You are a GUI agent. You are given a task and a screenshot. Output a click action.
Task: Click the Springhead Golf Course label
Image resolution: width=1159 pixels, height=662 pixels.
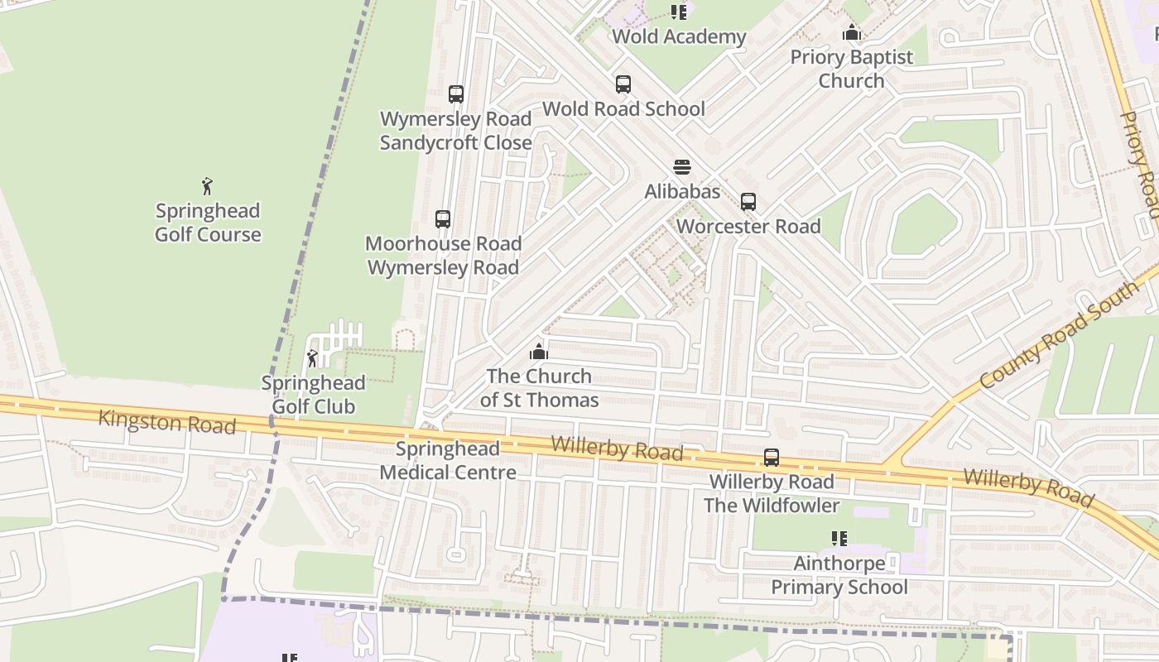click(208, 223)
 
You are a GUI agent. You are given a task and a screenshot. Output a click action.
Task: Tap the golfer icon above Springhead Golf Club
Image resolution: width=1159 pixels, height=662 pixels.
click(312, 358)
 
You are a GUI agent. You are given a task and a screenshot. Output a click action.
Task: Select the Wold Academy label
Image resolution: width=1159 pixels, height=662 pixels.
click(679, 36)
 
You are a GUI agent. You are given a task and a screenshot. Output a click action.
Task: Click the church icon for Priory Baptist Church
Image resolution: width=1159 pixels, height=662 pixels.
click(851, 33)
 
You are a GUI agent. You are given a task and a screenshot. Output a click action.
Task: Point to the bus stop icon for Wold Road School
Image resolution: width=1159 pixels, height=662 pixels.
click(623, 84)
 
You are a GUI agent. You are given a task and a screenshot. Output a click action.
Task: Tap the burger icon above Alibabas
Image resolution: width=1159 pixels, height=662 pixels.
click(681, 167)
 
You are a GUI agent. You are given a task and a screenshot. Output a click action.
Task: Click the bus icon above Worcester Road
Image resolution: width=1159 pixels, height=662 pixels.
click(748, 202)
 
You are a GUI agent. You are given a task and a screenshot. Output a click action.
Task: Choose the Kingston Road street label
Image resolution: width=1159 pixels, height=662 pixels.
click(166, 421)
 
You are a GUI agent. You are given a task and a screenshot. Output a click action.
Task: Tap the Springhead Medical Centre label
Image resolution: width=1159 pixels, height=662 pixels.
click(448, 461)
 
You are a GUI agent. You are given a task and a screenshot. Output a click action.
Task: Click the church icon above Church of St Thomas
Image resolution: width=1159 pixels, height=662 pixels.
click(539, 352)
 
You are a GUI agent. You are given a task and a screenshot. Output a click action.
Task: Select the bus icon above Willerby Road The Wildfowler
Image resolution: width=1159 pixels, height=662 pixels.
click(771, 458)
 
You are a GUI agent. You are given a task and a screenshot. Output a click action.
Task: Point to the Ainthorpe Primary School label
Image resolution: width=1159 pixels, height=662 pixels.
click(839, 575)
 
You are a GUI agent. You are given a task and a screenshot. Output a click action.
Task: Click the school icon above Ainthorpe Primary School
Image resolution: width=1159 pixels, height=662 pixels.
click(839, 539)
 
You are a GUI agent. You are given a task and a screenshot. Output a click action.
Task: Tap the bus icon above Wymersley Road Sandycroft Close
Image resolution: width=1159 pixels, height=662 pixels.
click(455, 94)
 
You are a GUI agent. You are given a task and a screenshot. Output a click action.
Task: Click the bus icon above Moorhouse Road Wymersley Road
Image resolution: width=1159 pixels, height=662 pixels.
click(443, 219)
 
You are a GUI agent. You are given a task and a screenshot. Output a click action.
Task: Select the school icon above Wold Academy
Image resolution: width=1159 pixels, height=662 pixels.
click(679, 12)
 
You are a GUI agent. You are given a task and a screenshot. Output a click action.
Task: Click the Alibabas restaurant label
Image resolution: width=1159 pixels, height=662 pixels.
click(682, 191)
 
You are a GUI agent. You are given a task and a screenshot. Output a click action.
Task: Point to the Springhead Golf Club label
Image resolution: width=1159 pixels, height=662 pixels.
click(313, 395)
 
